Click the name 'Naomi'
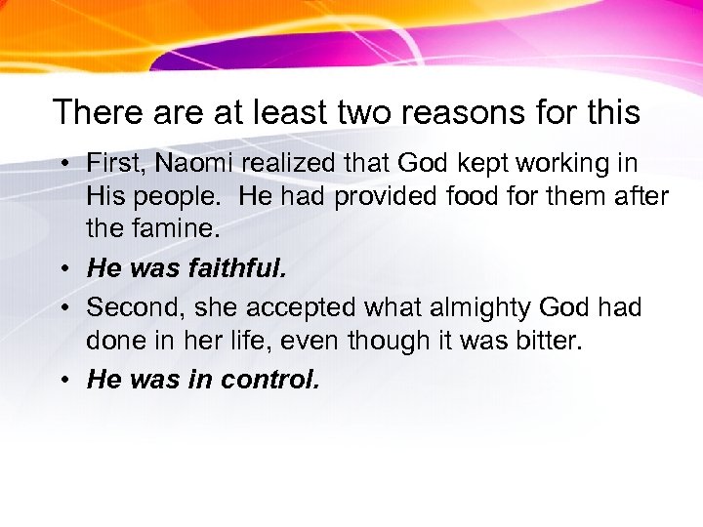point(185,163)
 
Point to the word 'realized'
point(276,163)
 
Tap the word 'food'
point(476,197)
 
